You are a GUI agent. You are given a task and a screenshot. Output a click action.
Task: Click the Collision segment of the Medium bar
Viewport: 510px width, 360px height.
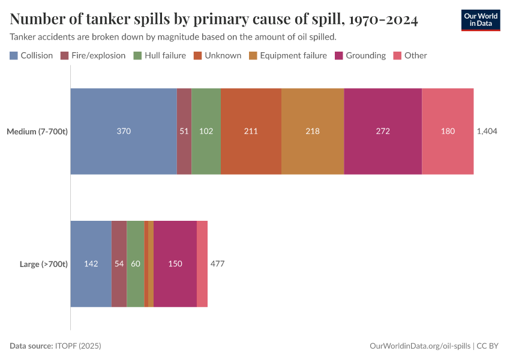point(124,131)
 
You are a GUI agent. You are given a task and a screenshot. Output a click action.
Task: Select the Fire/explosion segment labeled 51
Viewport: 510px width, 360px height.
point(184,131)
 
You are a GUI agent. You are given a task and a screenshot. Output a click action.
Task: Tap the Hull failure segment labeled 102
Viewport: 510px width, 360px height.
point(206,131)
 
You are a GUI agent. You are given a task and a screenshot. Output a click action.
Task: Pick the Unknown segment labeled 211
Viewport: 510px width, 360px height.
point(251,131)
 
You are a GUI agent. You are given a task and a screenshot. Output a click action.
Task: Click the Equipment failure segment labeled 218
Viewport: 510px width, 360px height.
point(313,131)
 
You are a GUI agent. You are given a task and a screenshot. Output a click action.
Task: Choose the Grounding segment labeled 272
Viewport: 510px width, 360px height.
point(383,131)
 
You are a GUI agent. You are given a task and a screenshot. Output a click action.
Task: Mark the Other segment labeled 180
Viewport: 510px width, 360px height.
point(448,131)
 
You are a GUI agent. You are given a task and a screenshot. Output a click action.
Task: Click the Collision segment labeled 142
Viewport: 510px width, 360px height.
point(91,264)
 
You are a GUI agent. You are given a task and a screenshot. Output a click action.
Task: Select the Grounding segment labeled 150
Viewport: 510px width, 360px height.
point(175,264)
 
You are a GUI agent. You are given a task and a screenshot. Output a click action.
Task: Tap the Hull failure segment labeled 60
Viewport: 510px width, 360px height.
point(136,264)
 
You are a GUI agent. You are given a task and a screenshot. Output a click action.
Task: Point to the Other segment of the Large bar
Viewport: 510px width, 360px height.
point(202,264)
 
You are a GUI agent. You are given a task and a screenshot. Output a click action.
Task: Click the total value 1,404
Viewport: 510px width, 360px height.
point(487,131)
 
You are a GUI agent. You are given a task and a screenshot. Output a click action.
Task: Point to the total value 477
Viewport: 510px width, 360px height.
point(217,264)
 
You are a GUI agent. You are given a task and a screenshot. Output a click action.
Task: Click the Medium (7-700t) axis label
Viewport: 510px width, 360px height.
point(37,131)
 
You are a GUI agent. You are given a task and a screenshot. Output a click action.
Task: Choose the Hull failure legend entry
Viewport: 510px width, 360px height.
point(159,56)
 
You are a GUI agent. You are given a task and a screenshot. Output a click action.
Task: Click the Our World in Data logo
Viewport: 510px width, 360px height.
point(480,20)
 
